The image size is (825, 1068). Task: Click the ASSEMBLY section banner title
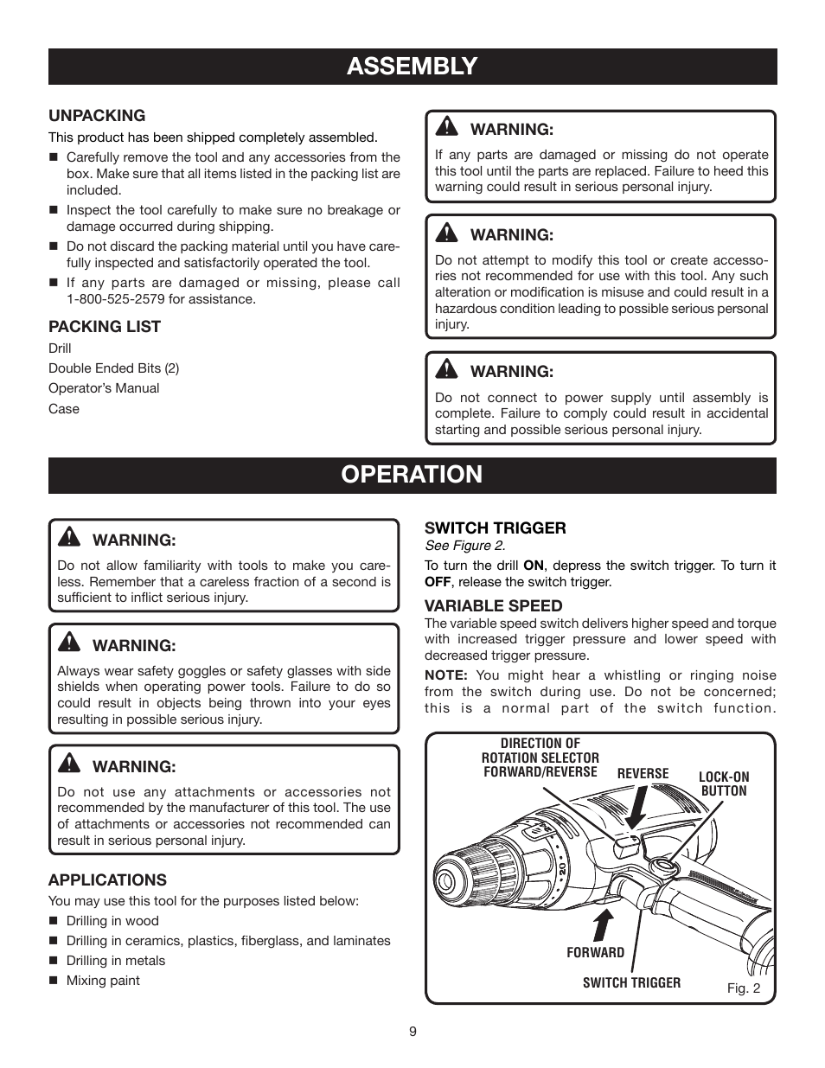[x=412, y=67]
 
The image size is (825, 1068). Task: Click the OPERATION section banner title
[x=412, y=475]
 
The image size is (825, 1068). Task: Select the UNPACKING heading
[x=97, y=116]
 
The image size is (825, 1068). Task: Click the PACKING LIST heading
[x=105, y=327]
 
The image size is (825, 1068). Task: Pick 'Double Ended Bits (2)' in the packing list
[x=113, y=368]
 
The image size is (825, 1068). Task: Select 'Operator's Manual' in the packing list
[x=104, y=388]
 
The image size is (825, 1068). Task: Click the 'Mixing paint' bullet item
[x=103, y=981]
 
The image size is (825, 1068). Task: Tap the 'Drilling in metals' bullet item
[x=116, y=961]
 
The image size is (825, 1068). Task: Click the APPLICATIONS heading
[x=107, y=880]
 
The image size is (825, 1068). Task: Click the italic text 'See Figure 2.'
[x=464, y=546]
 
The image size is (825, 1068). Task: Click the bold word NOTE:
[x=445, y=675]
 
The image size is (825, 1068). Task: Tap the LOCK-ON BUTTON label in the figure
[x=724, y=784]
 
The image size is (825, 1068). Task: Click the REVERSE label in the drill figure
[x=643, y=774]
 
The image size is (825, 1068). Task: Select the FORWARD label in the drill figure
[x=595, y=952]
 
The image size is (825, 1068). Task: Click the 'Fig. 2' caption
[x=743, y=988]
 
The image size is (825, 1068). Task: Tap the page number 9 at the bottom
[x=412, y=1032]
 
